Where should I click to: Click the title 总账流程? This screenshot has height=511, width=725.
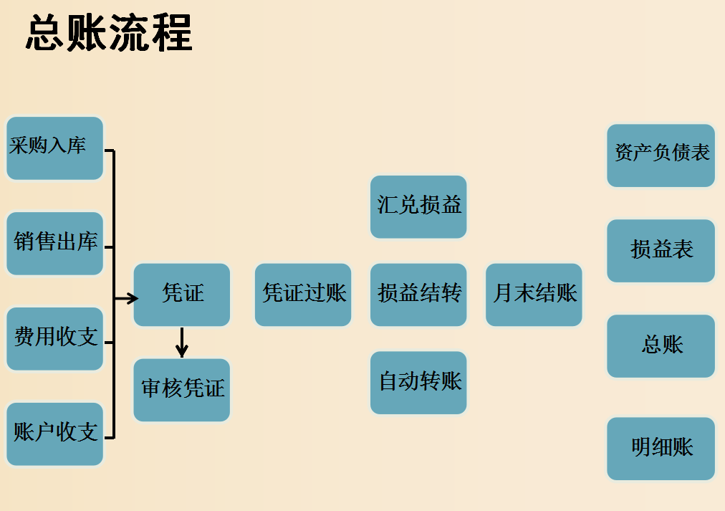point(109,32)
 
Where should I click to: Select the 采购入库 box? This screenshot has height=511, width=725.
point(54,148)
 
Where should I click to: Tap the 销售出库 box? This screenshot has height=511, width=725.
point(54,243)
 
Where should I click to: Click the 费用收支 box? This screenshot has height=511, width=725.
point(54,338)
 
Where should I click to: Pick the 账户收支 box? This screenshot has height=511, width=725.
point(54,434)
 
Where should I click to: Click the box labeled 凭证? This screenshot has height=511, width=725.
point(182,295)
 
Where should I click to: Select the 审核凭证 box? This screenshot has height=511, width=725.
point(182,390)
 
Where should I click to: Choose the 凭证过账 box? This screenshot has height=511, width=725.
point(303,295)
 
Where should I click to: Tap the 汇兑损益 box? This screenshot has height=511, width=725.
point(418,206)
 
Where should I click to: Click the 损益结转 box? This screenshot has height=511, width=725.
point(418,295)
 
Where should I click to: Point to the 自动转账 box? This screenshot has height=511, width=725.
point(418,383)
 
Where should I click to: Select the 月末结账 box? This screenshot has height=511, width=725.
point(534,295)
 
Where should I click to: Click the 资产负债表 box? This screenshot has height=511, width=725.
point(661,155)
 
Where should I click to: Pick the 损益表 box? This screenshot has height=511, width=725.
point(661,250)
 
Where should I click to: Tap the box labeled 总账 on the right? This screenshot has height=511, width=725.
point(661,345)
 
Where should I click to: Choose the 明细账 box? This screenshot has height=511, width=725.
point(661,449)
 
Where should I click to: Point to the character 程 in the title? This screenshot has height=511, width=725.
point(172,32)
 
